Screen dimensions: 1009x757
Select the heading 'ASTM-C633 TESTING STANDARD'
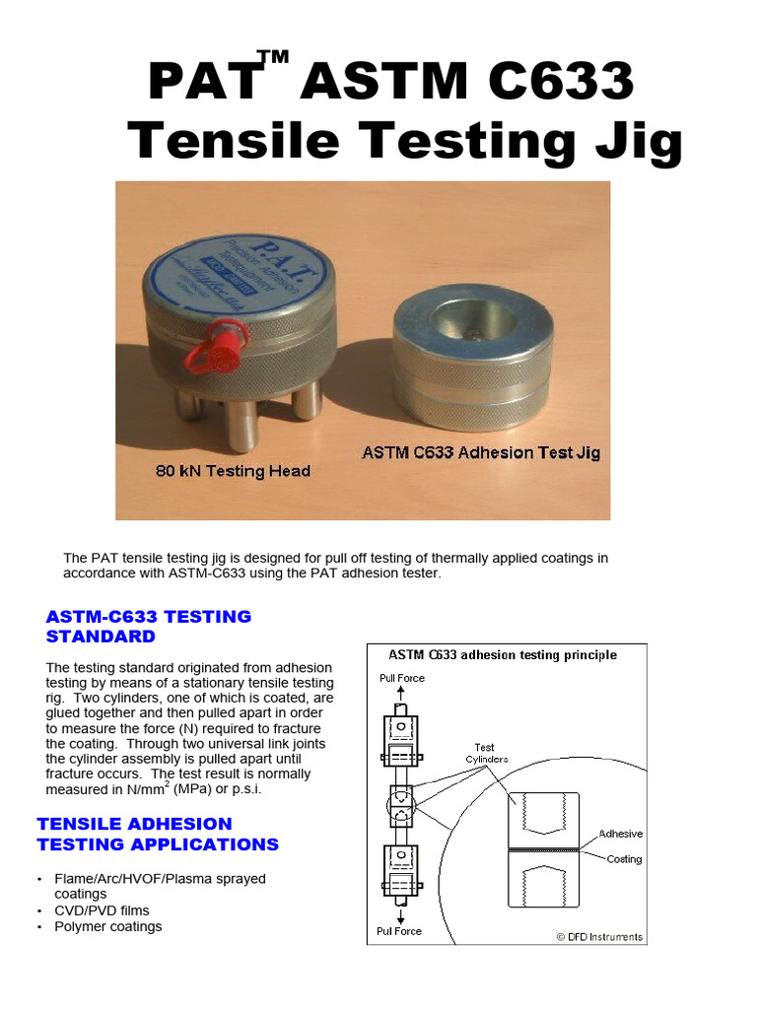(x=149, y=627)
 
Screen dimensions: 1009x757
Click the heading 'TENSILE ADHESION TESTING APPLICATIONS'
(x=158, y=834)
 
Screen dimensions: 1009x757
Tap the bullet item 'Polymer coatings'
(x=108, y=927)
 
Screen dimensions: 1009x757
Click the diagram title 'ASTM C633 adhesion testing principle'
(x=503, y=655)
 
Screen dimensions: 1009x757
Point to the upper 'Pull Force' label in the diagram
(x=401, y=678)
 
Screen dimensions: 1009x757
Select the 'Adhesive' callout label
(x=620, y=834)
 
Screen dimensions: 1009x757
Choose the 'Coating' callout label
(x=624, y=859)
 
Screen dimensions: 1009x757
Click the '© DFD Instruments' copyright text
(x=598, y=937)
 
